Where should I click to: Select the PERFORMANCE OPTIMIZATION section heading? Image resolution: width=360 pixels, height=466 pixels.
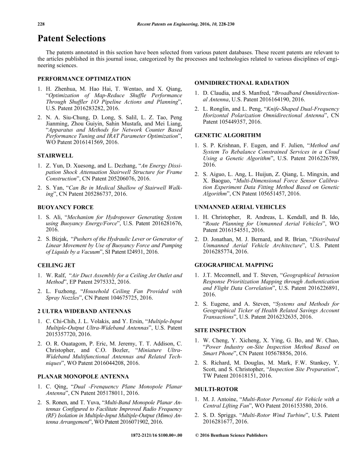click(84, 79)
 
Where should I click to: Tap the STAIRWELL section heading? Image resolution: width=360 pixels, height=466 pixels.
click(55, 155)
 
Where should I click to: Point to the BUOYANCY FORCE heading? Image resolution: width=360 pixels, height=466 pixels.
click(65, 207)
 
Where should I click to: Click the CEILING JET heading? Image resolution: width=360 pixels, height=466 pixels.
click(56, 265)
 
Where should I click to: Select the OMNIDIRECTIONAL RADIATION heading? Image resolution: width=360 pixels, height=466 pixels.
click(242, 83)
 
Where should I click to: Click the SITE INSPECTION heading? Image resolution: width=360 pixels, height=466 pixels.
click(220, 330)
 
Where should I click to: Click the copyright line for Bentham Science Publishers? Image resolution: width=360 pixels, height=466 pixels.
click(231, 435)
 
